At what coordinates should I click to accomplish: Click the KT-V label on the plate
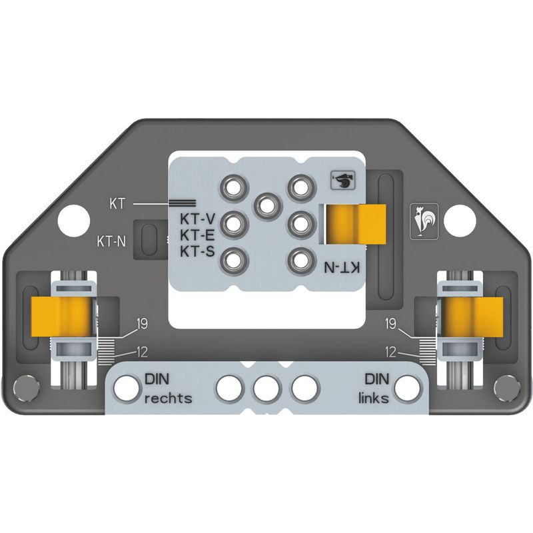point(197,219)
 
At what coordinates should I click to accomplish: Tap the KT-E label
point(197,235)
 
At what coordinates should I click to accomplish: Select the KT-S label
point(197,252)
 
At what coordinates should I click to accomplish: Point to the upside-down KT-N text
point(341,267)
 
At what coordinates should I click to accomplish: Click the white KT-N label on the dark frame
point(111,242)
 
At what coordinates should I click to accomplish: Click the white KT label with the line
point(117,204)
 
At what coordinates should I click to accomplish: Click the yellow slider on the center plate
point(356,225)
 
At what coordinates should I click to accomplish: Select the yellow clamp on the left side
point(61,316)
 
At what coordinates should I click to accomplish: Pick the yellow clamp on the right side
point(472,316)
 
